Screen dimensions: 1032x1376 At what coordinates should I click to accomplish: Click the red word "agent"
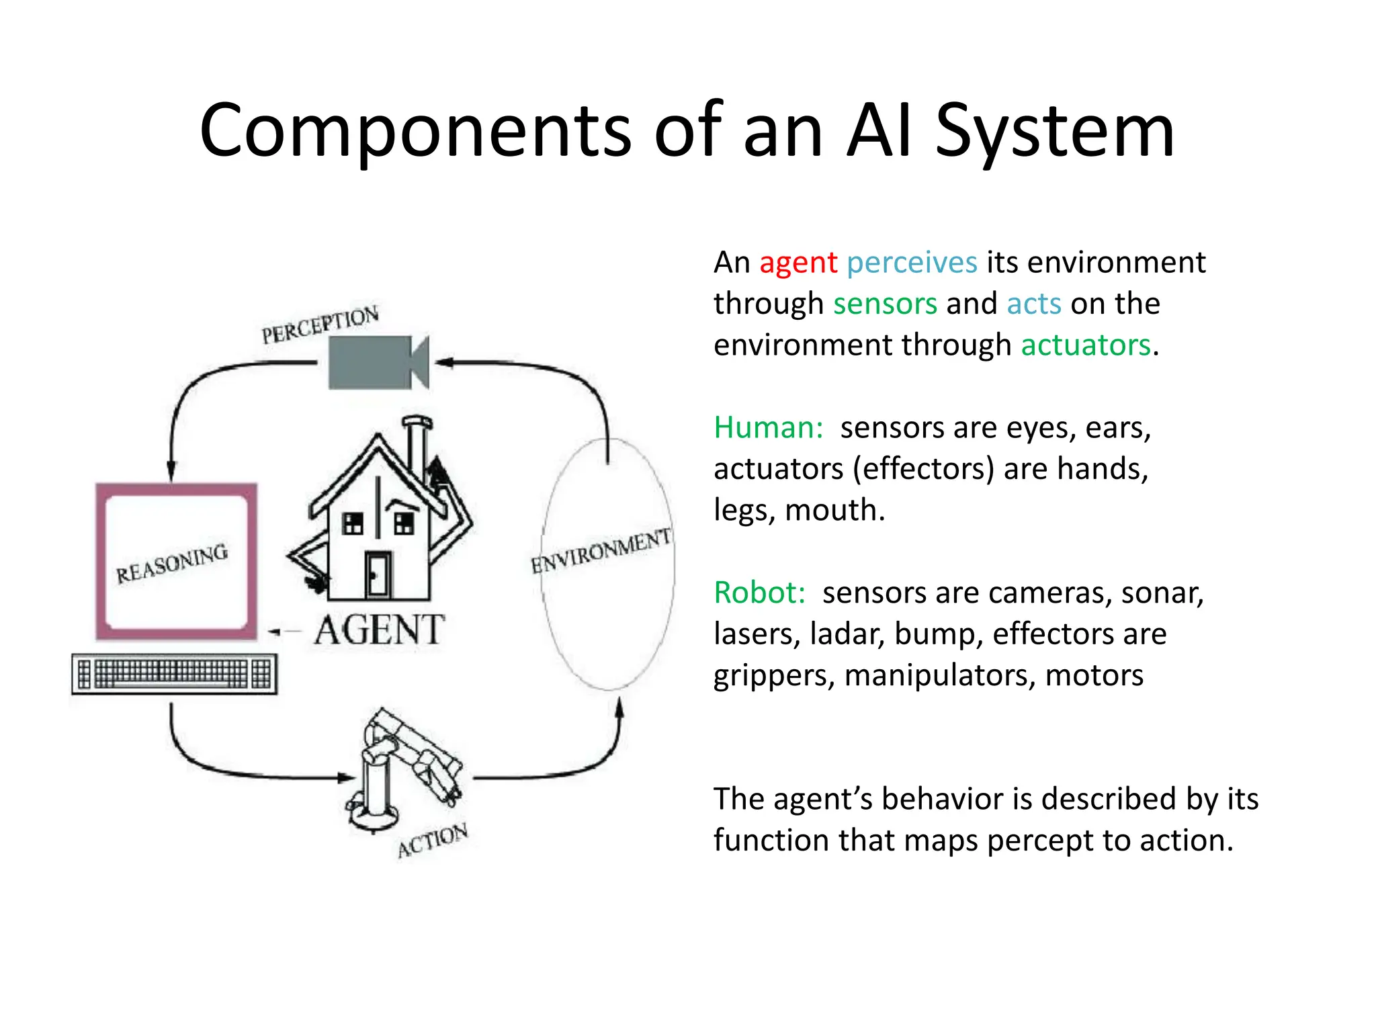[x=798, y=263]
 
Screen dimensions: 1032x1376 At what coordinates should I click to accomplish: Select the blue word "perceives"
[x=912, y=263]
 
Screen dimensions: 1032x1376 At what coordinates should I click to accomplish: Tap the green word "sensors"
[x=885, y=304]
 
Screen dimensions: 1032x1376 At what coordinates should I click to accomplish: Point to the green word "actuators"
[x=1086, y=345]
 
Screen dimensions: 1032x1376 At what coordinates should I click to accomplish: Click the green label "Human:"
[x=768, y=428]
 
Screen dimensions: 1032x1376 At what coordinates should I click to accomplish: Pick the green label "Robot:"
[x=759, y=593]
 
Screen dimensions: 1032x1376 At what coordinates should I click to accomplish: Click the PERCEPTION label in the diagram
[x=320, y=324]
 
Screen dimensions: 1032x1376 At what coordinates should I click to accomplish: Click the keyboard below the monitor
[x=174, y=673]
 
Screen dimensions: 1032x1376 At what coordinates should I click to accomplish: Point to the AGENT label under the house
[x=379, y=631]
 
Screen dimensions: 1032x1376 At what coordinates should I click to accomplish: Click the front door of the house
[x=378, y=574]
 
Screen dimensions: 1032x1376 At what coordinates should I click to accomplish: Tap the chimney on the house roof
[x=417, y=447]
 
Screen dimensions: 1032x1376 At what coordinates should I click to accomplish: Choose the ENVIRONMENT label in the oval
[x=601, y=551]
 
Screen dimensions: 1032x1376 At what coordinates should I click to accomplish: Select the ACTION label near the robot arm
[x=432, y=840]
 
